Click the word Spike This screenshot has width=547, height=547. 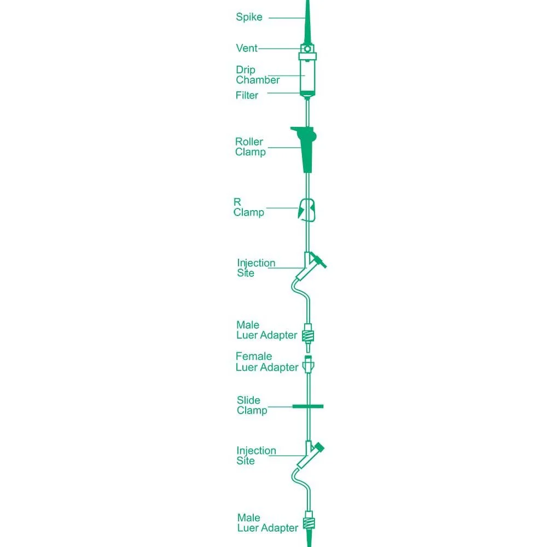[249, 17]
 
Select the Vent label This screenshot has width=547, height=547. [247, 48]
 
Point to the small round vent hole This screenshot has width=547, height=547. [307, 49]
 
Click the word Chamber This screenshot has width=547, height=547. [258, 80]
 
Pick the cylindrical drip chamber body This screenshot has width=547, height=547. [307, 75]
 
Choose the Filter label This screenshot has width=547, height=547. [247, 95]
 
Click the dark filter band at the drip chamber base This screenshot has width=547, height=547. [307, 94]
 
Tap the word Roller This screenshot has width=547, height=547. [249, 142]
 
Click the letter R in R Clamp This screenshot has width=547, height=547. [237, 202]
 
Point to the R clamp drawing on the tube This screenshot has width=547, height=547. [307, 210]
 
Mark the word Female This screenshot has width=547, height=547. [254, 356]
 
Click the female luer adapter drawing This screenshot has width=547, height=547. [308, 365]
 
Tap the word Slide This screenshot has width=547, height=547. [248, 400]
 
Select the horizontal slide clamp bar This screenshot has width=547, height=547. [307, 406]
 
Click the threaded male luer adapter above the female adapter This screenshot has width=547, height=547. [307, 336]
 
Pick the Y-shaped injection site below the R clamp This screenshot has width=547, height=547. [309, 267]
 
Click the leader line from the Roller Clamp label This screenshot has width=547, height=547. [284, 148]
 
